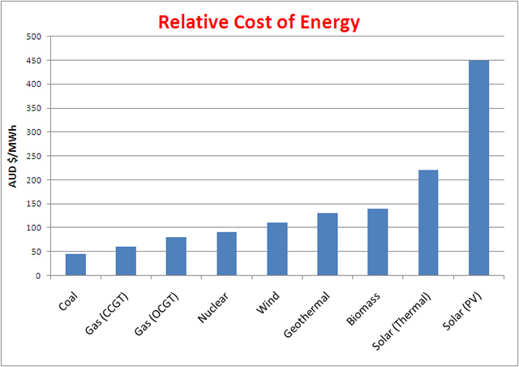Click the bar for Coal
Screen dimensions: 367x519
75,265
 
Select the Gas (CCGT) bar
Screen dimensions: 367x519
126,261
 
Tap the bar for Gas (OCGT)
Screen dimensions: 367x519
176,257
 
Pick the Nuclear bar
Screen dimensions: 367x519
227,254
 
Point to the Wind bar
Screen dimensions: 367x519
277,249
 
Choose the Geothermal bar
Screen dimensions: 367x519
328,244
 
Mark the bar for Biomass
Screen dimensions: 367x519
378,242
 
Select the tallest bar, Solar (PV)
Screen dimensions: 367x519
478,168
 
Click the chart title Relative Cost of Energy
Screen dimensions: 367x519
259,22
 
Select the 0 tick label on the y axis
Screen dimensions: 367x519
38,276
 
